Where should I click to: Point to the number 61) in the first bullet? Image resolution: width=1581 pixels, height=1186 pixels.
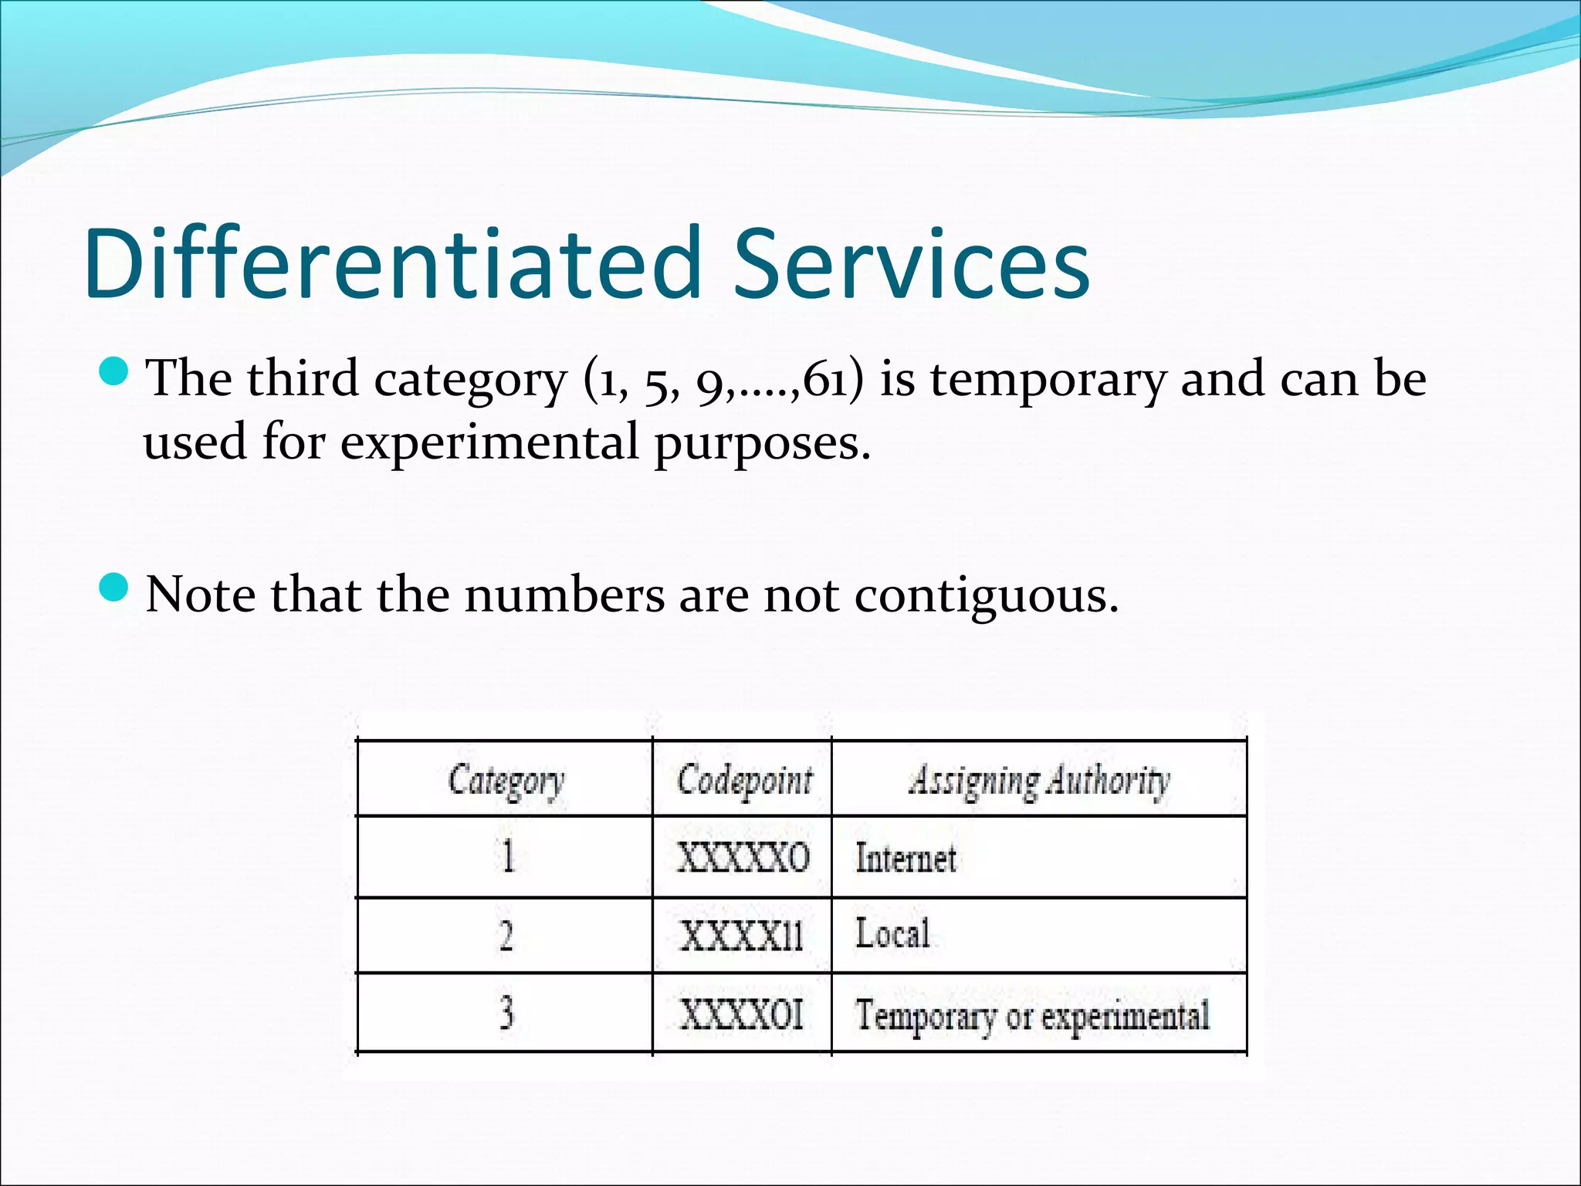[x=832, y=380]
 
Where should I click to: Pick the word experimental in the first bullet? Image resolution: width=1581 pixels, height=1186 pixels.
[x=489, y=443]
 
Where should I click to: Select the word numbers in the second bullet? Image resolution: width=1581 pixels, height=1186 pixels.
[x=564, y=596]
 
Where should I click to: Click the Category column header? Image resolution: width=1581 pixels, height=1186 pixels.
[x=506, y=780]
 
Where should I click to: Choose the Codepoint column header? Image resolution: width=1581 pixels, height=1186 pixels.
[x=744, y=780]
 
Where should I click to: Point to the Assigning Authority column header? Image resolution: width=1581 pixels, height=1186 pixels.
[x=1038, y=780]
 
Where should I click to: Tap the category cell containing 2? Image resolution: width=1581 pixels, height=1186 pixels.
[x=506, y=935]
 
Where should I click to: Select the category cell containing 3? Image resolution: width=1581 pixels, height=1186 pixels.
[x=506, y=1012]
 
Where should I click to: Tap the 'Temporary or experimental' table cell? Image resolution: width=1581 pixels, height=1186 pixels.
[x=1032, y=1015]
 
